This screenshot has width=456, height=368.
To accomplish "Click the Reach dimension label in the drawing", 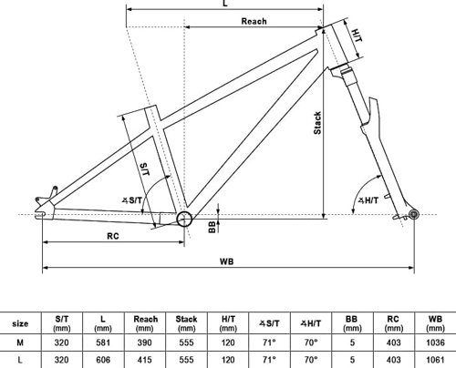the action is pos(254,21).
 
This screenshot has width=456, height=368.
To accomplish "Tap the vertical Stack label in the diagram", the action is pos(317,123).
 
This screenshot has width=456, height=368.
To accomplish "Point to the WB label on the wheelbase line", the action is pos(227,261).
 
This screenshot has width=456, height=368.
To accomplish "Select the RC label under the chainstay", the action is pos(113,236).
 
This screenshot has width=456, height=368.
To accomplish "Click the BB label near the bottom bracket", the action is pos(212,227).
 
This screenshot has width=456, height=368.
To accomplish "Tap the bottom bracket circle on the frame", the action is pos(184,219).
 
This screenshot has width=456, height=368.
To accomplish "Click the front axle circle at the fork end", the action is pos(414,215).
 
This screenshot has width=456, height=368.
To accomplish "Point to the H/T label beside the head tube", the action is pos(357,36).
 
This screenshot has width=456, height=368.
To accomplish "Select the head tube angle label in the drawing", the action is pos(368,200).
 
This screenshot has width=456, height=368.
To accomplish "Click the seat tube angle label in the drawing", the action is pos(132,200).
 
